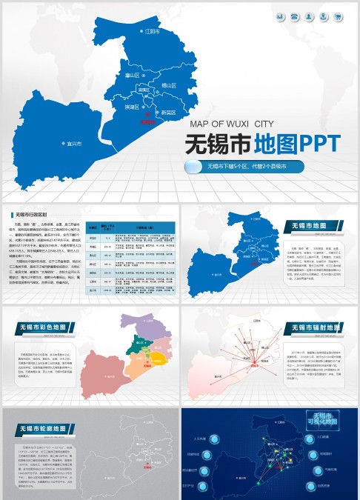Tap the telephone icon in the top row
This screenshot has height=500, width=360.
click(294, 16)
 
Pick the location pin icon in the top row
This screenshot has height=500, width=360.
click(324, 16)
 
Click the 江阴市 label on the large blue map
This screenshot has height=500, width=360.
click(153, 32)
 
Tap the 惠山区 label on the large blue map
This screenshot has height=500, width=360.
click(133, 75)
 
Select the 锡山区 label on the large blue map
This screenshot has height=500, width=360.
click(168, 86)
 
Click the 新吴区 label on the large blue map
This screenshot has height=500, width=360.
click(168, 113)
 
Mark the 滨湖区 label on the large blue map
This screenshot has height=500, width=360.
click(134, 107)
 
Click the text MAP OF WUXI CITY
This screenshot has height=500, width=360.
click(232, 124)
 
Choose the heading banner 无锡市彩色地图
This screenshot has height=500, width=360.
click(47, 326)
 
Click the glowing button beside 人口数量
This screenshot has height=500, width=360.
click(309, 437)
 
